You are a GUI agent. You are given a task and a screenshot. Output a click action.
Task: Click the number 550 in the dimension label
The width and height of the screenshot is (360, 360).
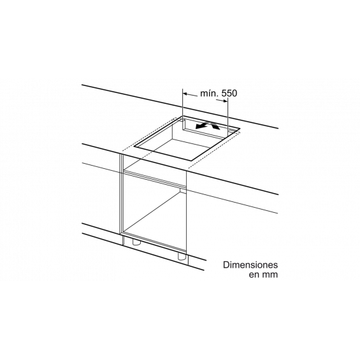[x=229, y=94]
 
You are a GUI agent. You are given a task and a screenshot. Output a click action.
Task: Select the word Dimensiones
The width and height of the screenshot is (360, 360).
[x=250, y=264]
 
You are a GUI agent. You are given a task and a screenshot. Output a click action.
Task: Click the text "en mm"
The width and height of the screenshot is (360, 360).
[x=263, y=275]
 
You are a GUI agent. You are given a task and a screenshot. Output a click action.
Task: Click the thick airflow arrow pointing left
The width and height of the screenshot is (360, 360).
[x=202, y=126]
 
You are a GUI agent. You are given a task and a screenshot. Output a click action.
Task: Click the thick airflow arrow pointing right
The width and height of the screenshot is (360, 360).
[x=215, y=126]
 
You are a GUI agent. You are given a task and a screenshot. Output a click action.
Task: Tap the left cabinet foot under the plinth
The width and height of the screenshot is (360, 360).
[x=136, y=242]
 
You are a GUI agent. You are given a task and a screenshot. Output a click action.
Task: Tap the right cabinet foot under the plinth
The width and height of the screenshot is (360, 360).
[x=182, y=256]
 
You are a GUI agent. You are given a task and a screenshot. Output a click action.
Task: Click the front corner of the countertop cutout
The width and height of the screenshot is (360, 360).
[x=192, y=161]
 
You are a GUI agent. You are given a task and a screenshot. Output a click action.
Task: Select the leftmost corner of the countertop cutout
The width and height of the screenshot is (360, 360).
[x=135, y=147]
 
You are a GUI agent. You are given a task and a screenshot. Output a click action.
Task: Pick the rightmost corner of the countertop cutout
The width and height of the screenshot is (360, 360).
[x=240, y=129]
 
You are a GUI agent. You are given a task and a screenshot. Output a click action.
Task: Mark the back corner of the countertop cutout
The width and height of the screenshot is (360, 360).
[x=182, y=116]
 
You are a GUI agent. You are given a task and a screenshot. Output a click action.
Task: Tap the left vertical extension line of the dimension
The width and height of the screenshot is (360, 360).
[x=182, y=103]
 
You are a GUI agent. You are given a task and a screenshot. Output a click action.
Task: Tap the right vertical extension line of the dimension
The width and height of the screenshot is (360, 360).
[x=227, y=113]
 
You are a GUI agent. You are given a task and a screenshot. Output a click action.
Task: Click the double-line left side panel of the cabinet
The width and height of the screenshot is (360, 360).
[x=122, y=199]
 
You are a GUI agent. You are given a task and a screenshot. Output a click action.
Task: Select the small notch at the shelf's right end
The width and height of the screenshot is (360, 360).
[x=183, y=191]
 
